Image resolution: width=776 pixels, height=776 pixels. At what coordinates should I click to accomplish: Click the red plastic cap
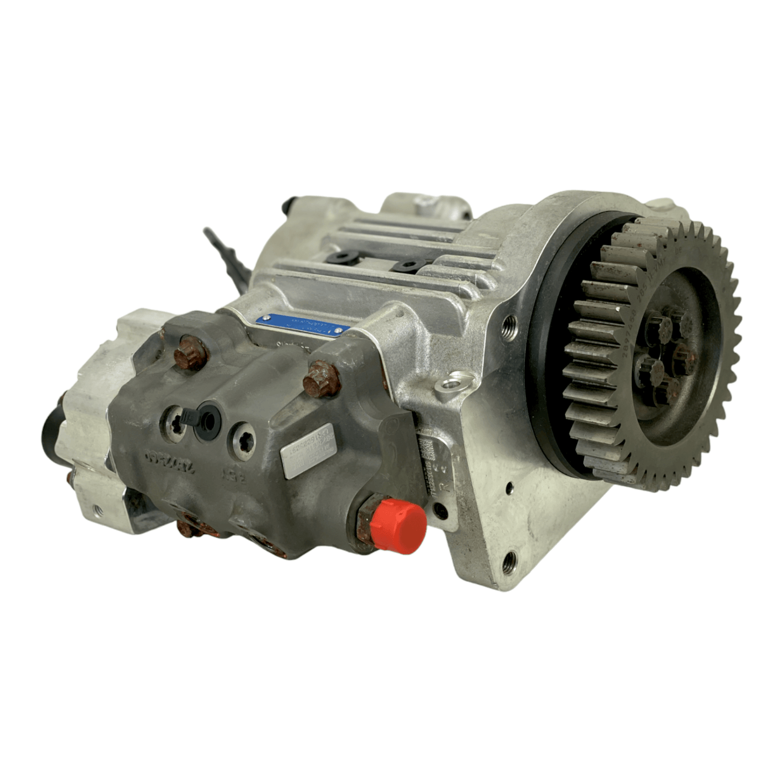coord(399,524)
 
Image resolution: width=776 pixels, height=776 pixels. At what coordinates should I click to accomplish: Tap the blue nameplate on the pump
coord(304,326)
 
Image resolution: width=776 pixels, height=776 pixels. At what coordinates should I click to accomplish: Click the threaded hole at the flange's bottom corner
coord(509,560)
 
